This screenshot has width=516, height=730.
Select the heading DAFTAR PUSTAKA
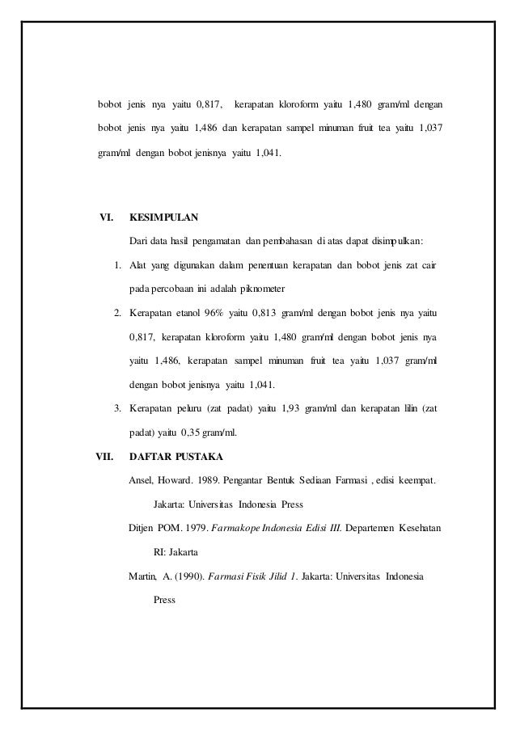171,455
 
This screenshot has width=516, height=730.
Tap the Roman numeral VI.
105,217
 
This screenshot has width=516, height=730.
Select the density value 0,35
195,432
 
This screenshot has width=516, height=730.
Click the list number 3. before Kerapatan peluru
117,408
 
